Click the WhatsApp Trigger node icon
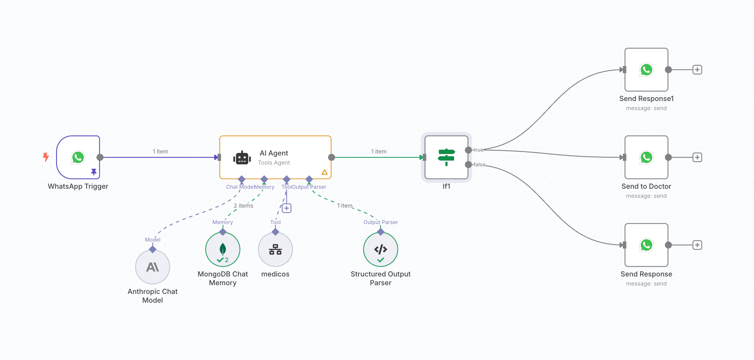pyautogui.click(x=78, y=157)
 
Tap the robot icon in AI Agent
pyautogui.click(x=242, y=158)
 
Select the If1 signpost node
pyautogui.click(x=446, y=157)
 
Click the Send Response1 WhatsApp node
pyautogui.click(x=646, y=70)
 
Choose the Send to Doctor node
pyautogui.click(x=646, y=157)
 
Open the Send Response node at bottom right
pyautogui.click(x=646, y=245)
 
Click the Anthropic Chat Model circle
pyautogui.click(x=152, y=267)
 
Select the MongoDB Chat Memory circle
pyautogui.click(x=223, y=250)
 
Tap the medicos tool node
pyautogui.click(x=275, y=250)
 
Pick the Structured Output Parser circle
pyautogui.click(x=380, y=250)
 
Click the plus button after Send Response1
pyautogui.click(x=697, y=70)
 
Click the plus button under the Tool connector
pyautogui.click(x=286, y=208)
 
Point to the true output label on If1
pyautogui.click(x=478, y=150)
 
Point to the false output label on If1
pyautogui.click(x=479, y=165)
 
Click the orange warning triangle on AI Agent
pyautogui.click(x=325, y=172)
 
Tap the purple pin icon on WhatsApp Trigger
pyautogui.click(x=94, y=172)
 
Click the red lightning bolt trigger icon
pyautogui.click(x=46, y=157)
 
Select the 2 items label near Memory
pyautogui.click(x=243, y=206)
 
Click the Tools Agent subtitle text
pyautogui.click(x=274, y=163)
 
